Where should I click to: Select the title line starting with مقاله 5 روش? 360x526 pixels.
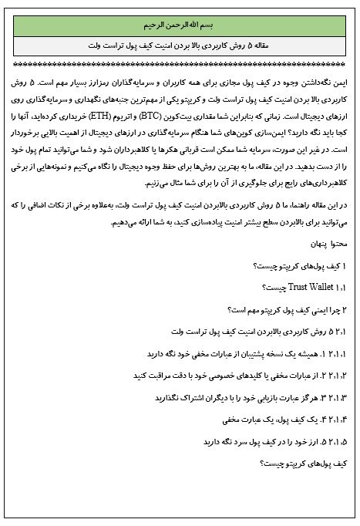pos(180,46)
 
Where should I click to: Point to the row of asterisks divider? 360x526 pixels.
pos(180,65)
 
